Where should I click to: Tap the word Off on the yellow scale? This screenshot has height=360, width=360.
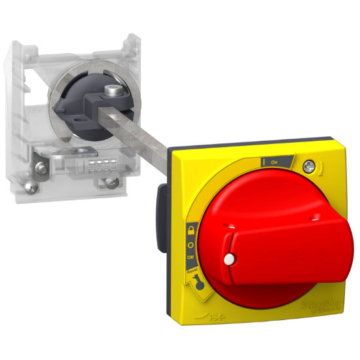click(x=190, y=258)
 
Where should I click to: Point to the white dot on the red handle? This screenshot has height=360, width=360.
click(x=228, y=260)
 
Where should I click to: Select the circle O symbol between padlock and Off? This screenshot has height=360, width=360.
click(x=190, y=244)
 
